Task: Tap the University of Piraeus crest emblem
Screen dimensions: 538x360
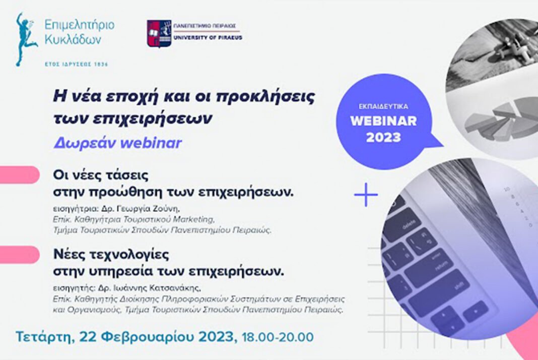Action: (159, 33)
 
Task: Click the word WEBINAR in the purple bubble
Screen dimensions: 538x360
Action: (383, 121)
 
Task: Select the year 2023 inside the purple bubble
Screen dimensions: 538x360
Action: (383, 138)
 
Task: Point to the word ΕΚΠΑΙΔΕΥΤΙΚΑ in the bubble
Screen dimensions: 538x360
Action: (383, 106)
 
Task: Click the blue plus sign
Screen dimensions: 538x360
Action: (366, 195)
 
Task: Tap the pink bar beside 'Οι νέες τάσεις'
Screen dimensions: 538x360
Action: (20, 174)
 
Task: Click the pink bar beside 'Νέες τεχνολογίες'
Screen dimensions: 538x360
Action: (20, 255)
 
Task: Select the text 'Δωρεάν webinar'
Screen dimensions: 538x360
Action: (117, 143)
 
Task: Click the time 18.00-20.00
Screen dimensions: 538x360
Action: (278, 337)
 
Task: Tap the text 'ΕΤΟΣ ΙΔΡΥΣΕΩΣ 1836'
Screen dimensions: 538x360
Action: (77, 64)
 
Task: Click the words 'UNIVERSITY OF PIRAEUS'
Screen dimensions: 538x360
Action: (208, 37)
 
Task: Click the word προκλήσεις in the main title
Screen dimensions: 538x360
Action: (266, 97)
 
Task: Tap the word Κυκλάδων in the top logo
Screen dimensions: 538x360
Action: (73, 39)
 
